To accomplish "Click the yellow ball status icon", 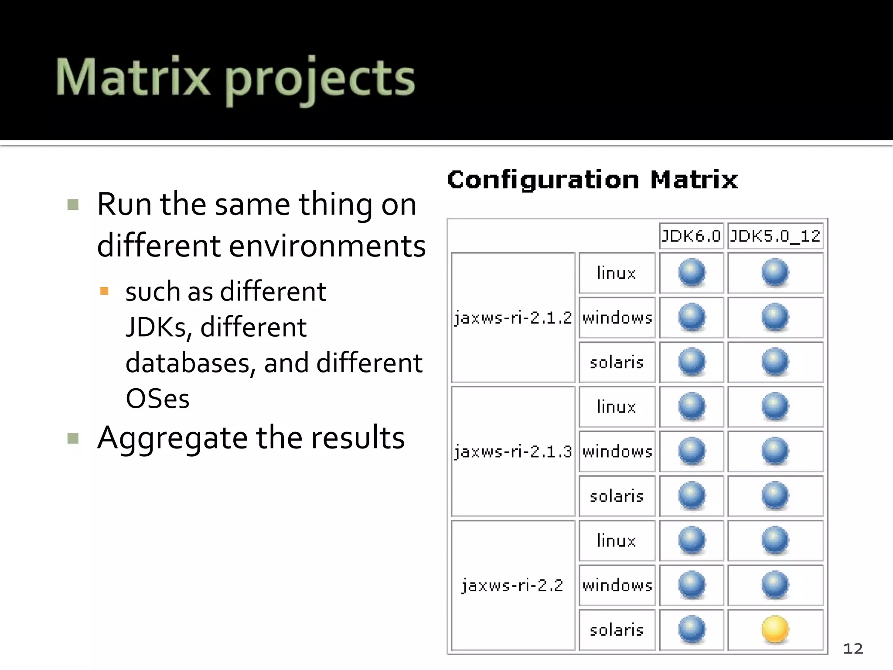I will pos(775,629).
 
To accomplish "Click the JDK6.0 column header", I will pos(691,236).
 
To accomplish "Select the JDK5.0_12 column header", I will pos(775,236).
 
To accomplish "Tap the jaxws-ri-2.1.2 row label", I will pos(513,318).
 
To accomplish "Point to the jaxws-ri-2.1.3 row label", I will pos(513,451).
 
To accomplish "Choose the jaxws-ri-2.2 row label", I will pos(513,585).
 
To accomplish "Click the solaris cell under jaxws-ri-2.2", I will pos(617,630).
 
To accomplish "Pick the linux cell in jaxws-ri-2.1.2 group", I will pos(617,273).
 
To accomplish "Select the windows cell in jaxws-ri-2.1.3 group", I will pos(617,451).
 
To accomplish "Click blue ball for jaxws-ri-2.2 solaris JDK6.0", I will pos(692,629).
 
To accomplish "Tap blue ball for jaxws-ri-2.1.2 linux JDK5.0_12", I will pos(775,272).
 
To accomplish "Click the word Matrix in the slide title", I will pos(133,78).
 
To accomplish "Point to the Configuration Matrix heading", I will pos(592,180).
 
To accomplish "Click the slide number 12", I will pos(853,649).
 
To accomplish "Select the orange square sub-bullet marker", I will pos(104,291).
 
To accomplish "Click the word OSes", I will pos(157,398).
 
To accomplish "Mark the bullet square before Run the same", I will pos(73,205).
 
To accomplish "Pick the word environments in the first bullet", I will pos(327,246).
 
